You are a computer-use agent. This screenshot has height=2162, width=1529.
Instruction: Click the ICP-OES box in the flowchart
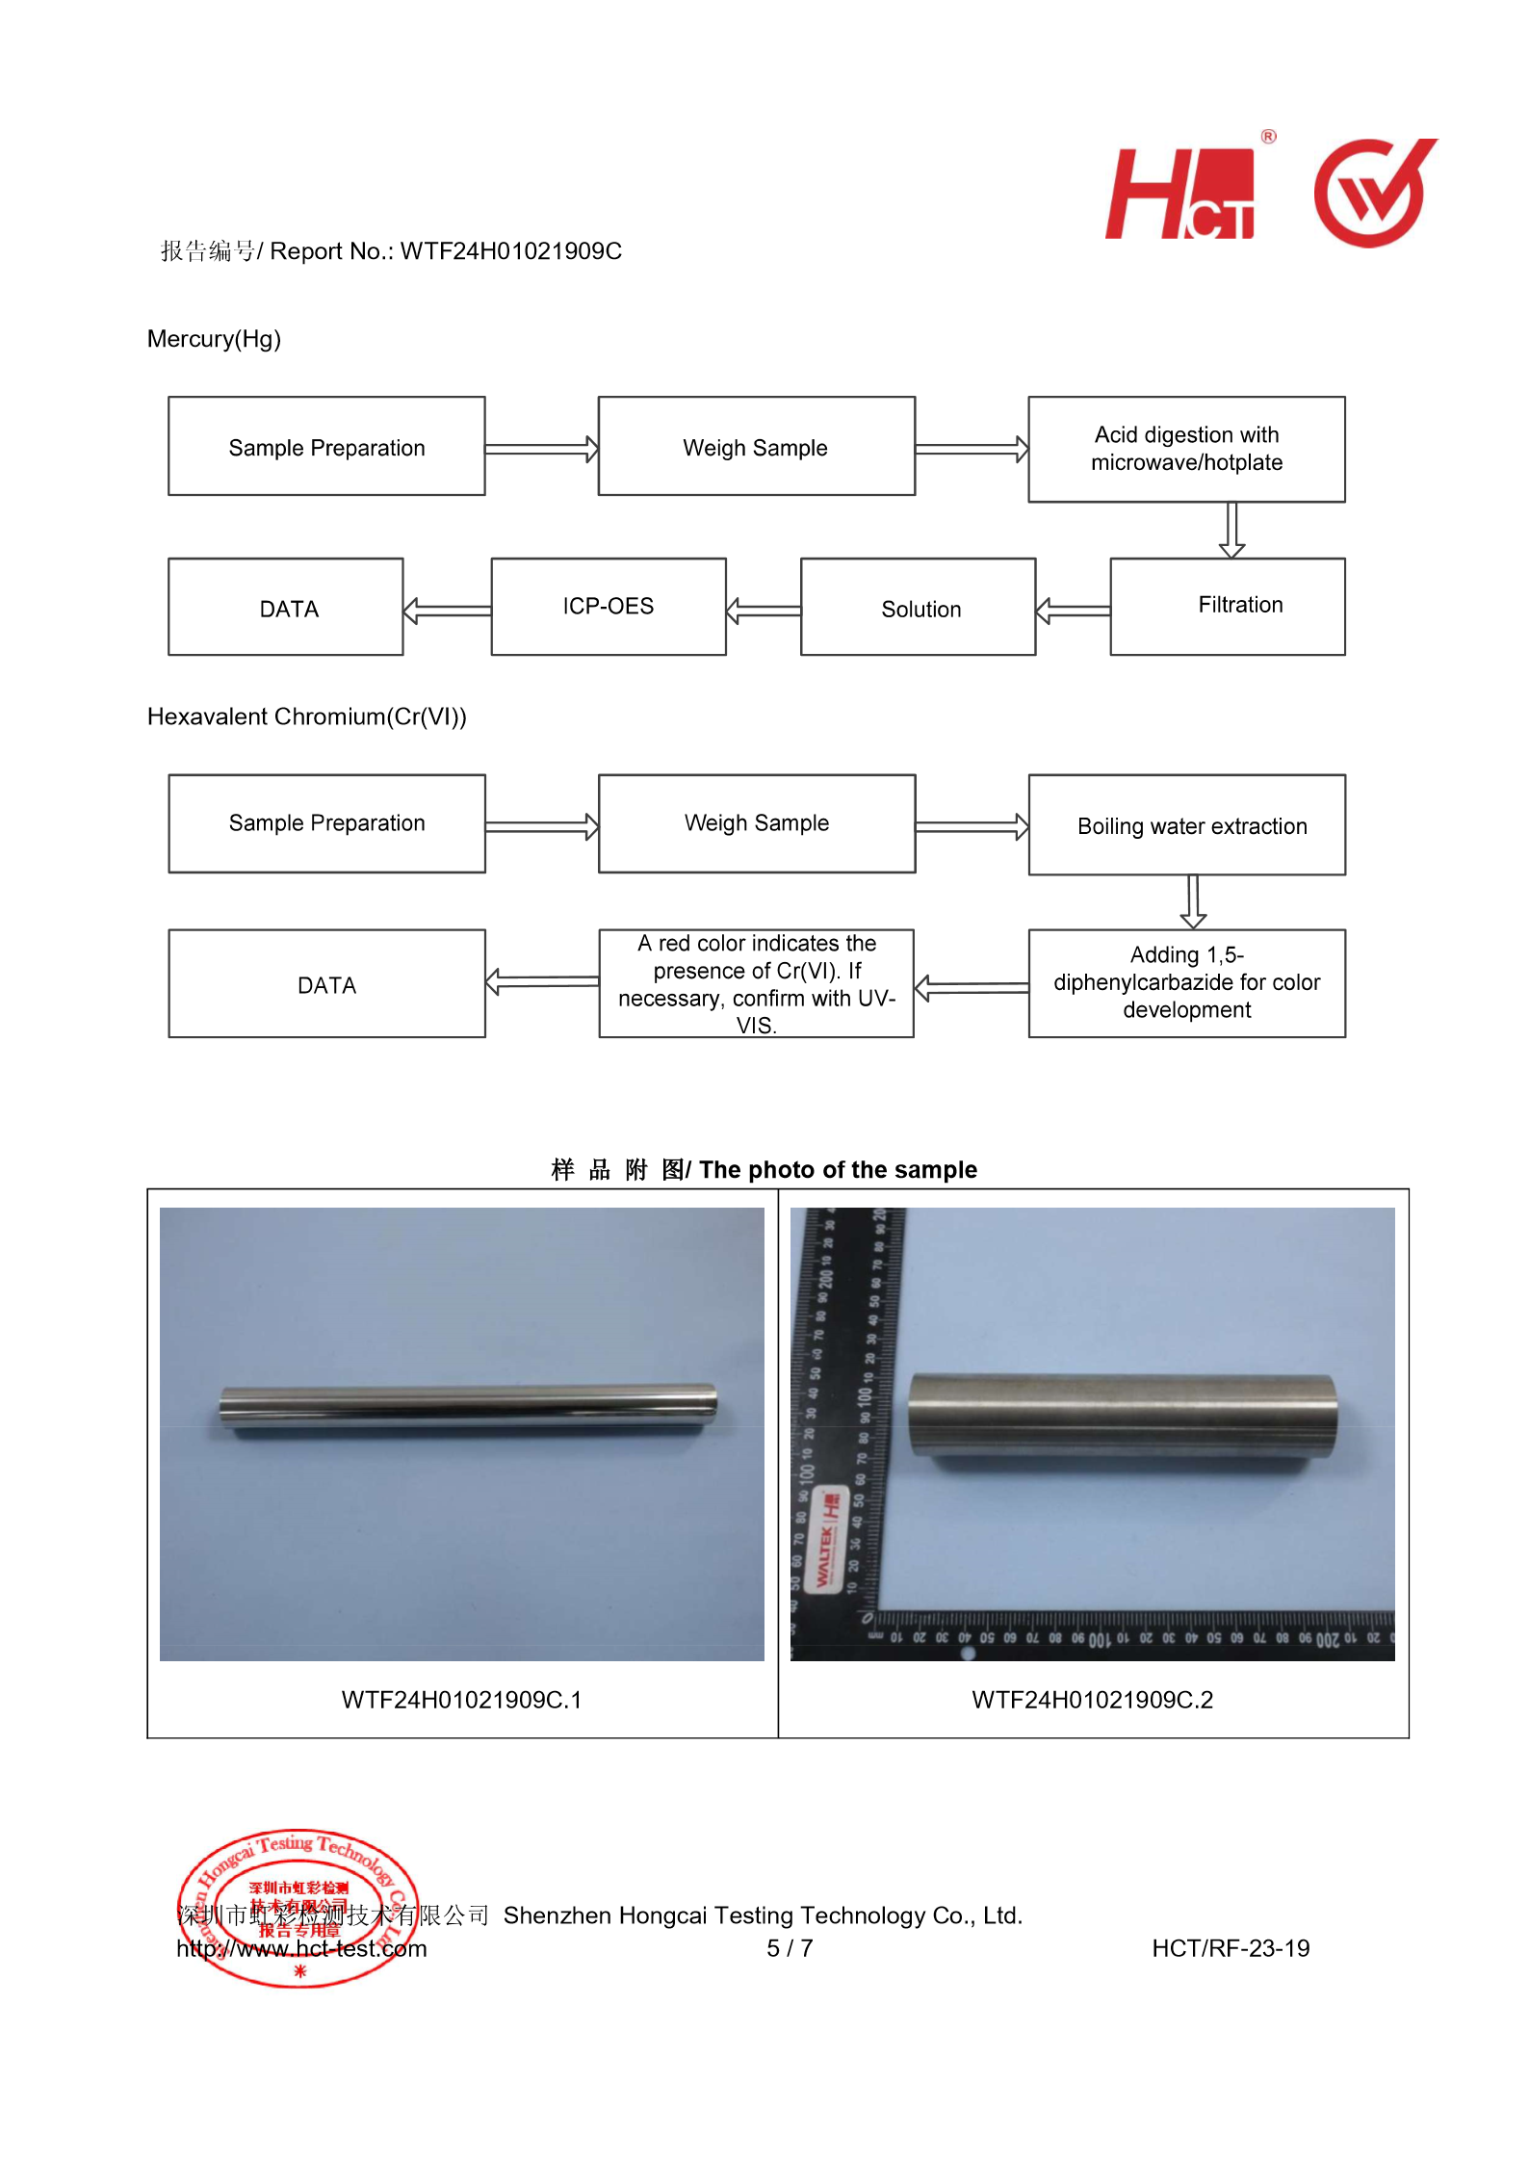click(x=609, y=607)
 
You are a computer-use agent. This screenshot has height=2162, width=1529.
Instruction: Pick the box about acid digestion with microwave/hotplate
click(x=1187, y=449)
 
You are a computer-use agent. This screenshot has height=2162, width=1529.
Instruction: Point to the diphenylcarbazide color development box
click(x=1187, y=983)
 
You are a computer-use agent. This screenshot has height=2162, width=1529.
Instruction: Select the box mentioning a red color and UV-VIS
click(x=757, y=983)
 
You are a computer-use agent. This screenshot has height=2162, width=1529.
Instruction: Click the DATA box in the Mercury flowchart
click(x=286, y=608)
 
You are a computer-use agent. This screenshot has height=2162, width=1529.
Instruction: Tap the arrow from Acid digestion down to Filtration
click(x=1231, y=530)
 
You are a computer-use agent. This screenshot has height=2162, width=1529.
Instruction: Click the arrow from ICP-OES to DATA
click(x=447, y=611)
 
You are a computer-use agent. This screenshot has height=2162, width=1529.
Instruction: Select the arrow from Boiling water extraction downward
click(x=1193, y=902)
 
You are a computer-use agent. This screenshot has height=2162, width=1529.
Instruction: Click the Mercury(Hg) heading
click(x=214, y=339)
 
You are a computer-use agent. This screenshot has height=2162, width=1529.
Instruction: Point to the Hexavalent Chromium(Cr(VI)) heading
click(x=306, y=716)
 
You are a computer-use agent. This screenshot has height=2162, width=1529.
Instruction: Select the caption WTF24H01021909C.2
click(x=1092, y=1700)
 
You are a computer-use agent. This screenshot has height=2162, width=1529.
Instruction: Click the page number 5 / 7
click(x=790, y=1948)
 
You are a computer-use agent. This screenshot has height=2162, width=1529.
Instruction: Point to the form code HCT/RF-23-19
click(x=1231, y=1948)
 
